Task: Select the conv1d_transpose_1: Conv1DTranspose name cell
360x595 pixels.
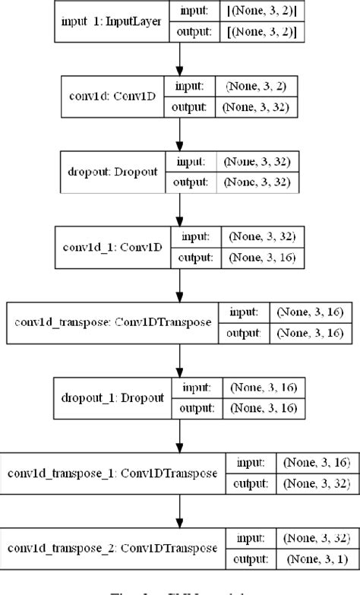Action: (x=113, y=473)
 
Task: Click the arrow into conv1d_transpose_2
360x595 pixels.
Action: (x=179, y=510)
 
